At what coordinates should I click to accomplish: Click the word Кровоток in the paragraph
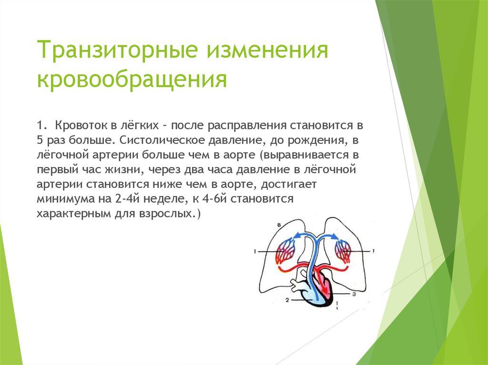(81, 125)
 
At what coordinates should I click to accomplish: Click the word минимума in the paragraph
(66, 199)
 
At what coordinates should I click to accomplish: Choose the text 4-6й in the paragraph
(214, 198)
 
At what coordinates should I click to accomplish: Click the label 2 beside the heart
(287, 300)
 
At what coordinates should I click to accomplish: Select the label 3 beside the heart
(354, 294)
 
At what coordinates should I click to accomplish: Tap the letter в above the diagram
(279, 225)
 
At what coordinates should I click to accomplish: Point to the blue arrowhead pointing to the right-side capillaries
(335, 237)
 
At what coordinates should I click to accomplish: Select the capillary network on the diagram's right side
(343, 251)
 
